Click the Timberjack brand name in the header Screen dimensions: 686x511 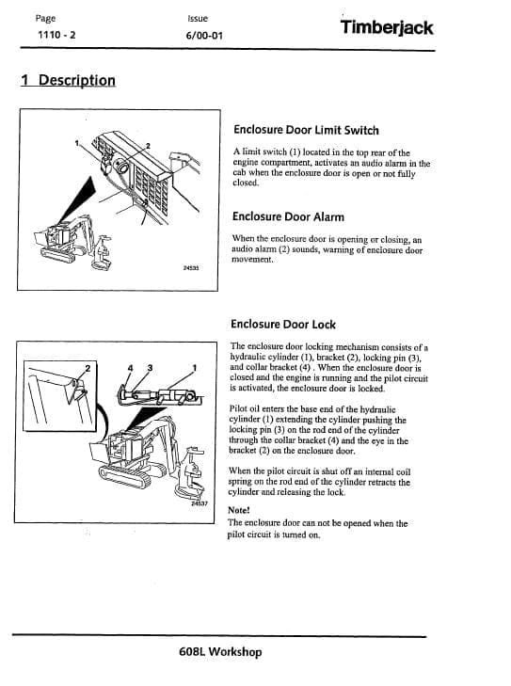click(x=387, y=27)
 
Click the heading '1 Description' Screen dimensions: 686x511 click(x=68, y=80)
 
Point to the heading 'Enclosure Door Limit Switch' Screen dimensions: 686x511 click(x=305, y=131)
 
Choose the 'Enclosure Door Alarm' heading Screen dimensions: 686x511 click(x=287, y=217)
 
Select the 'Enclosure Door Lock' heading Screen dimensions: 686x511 click(x=282, y=325)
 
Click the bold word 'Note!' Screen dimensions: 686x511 click(x=240, y=510)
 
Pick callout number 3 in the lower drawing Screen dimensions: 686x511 click(x=150, y=367)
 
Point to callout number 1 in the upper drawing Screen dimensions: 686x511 click(x=78, y=143)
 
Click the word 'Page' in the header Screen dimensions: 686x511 click(x=44, y=18)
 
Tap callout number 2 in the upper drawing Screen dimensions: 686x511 click(x=148, y=146)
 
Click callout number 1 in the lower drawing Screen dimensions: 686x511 click(x=194, y=367)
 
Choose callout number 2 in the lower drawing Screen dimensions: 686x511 click(x=88, y=367)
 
